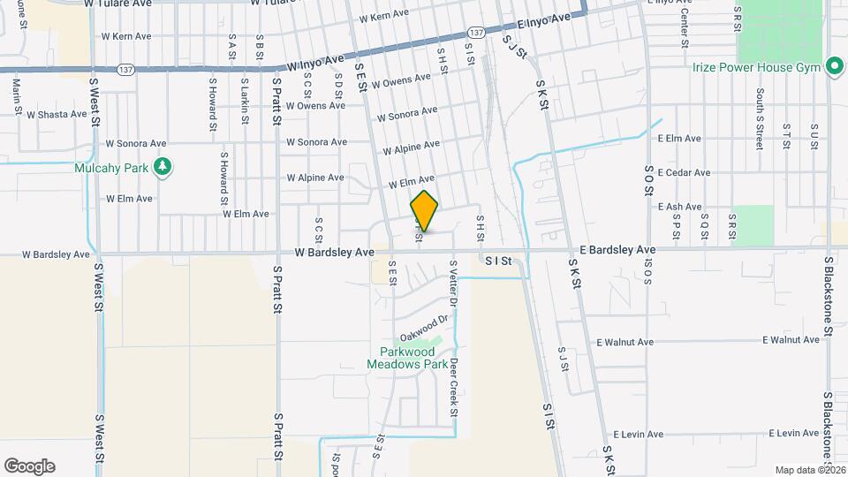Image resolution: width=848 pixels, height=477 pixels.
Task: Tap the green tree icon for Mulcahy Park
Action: click(162, 165)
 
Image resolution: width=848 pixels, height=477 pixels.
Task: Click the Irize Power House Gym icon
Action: click(833, 67)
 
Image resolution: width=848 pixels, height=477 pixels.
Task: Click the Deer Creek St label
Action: click(453, 388)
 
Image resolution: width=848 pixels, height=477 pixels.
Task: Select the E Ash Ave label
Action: click(679, 207)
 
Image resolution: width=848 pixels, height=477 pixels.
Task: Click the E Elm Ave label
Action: click(679, 139)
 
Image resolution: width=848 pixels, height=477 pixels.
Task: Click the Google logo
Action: click(29, 466)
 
